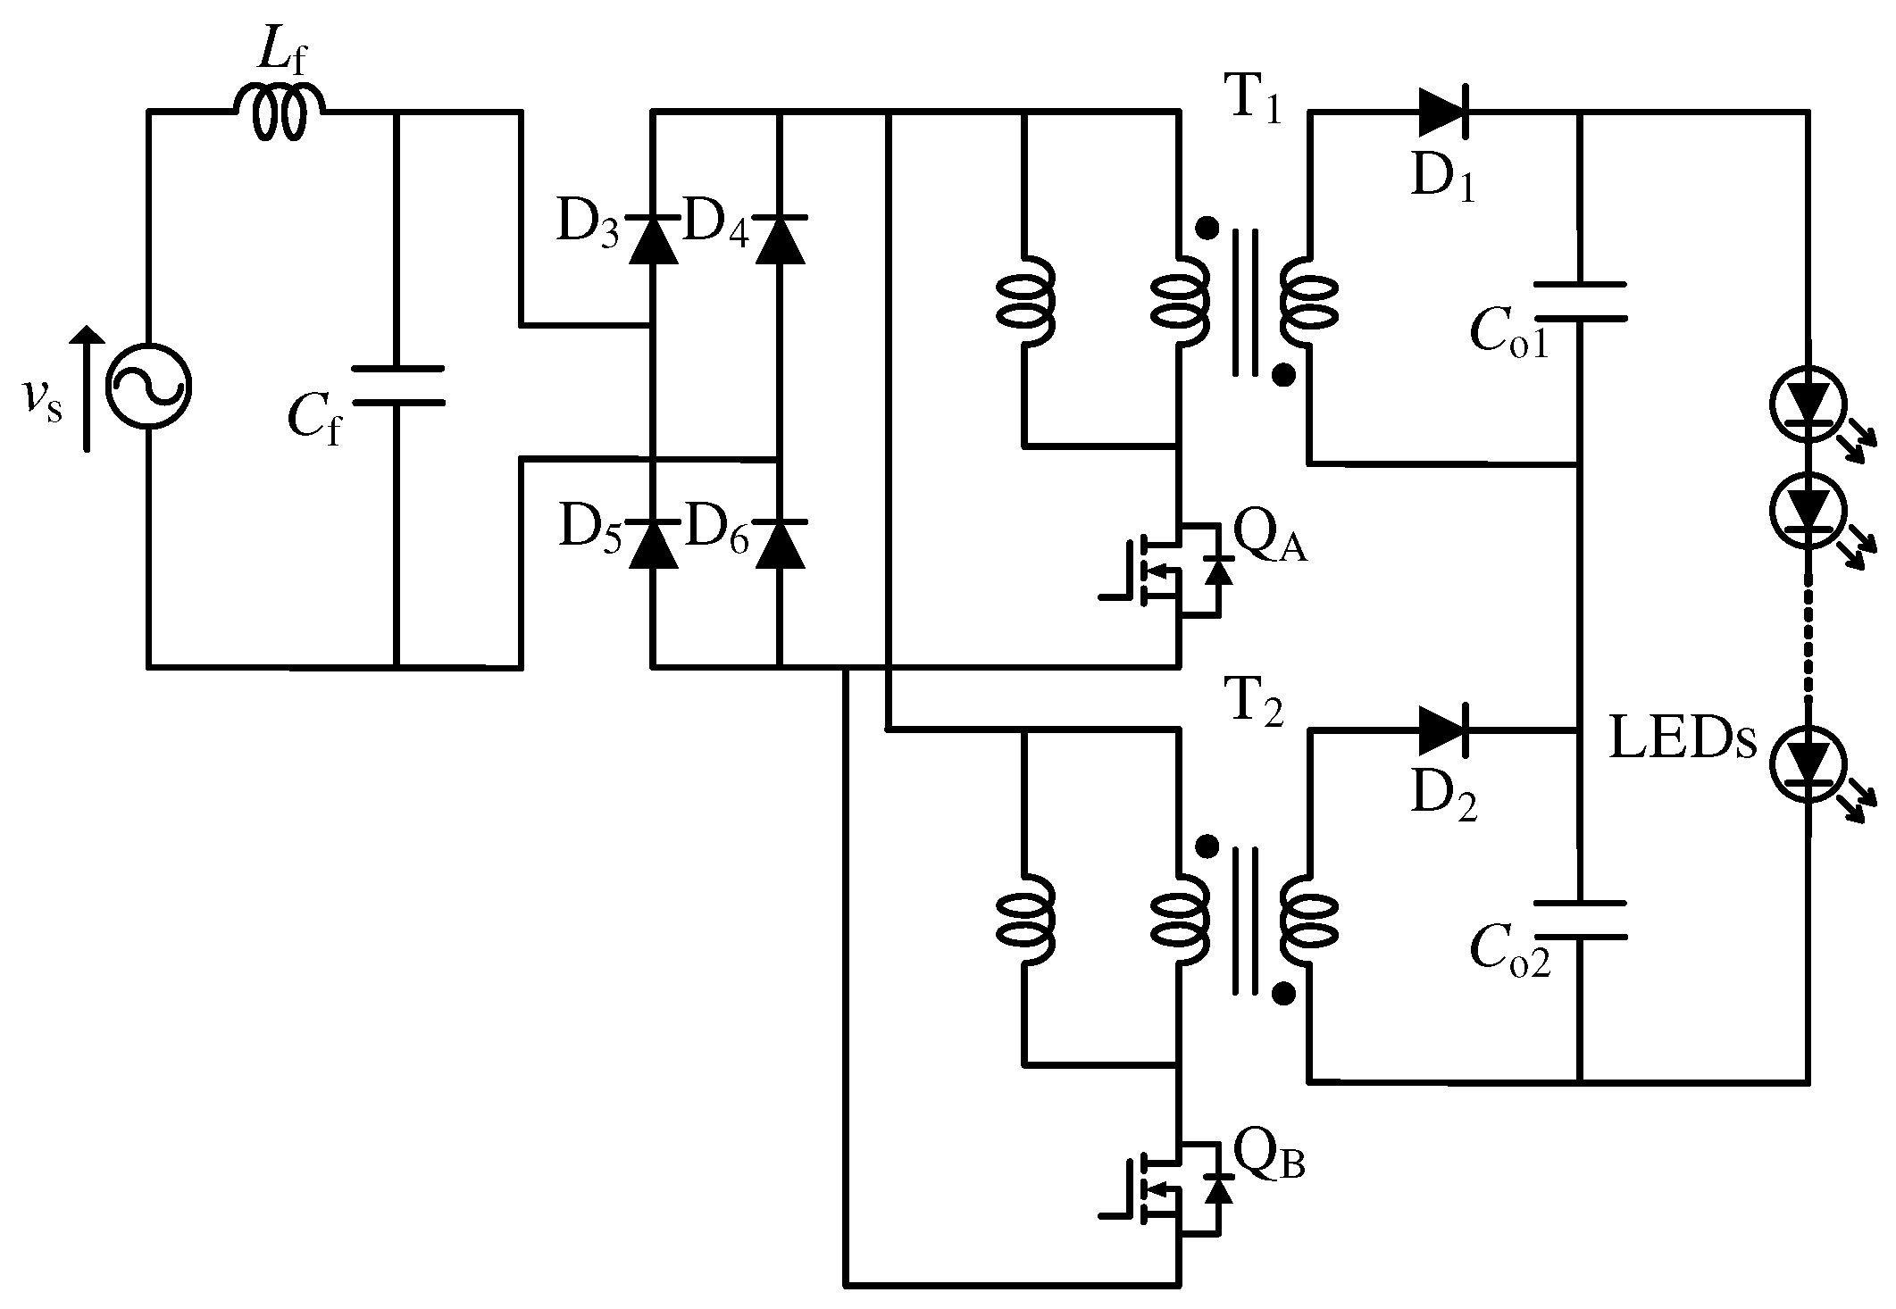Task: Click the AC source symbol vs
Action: coord(148,387)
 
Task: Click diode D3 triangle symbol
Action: coord(653,239)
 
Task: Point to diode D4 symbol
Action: coord(780,239)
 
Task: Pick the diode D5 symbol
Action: coord(653,544)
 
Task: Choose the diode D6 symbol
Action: coord(780,544)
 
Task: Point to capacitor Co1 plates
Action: coord(1579,302)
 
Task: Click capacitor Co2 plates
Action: coord(1579,920)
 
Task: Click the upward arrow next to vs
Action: coord(87,388)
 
